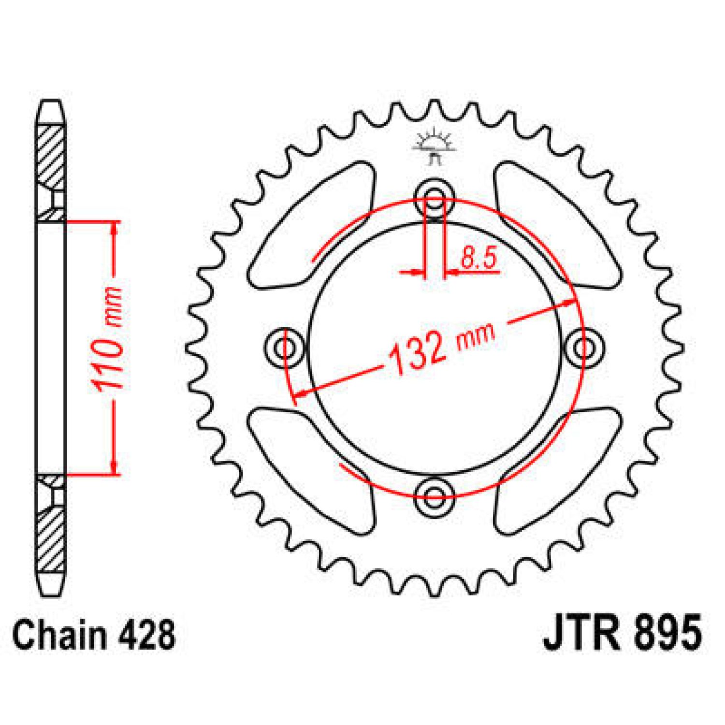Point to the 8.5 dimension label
pos(478,259)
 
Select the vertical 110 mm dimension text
pos(106,339)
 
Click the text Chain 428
pos(94,634)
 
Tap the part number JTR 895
pos(622,633)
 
